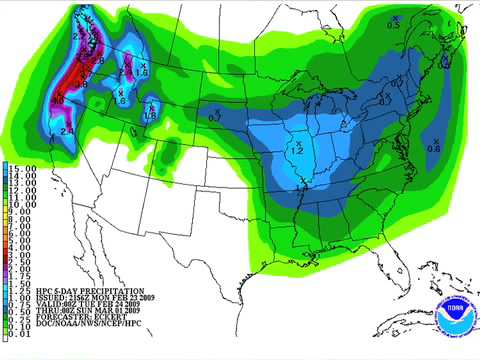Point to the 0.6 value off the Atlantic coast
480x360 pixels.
(434, 146)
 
